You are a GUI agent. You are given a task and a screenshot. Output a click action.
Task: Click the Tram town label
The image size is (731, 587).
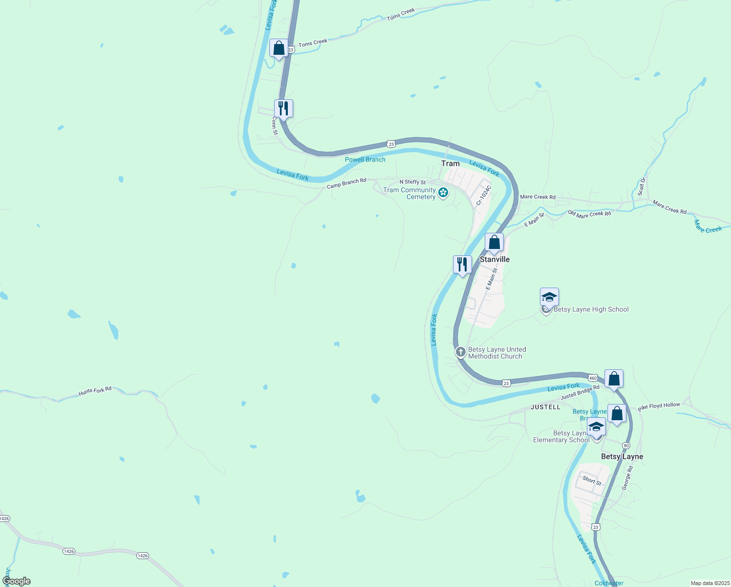[450, 163]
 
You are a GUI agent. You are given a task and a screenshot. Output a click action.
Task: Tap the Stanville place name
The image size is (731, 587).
[494, 259]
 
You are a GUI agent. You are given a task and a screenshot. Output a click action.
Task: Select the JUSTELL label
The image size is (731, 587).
[545, 407]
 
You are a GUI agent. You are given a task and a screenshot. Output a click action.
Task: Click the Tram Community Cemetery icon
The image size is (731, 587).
[443, 193]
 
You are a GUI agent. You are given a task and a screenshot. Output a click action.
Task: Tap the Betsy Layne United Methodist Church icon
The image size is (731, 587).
[460, 352]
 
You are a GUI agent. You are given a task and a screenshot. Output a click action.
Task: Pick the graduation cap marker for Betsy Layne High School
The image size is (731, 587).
[549, 297]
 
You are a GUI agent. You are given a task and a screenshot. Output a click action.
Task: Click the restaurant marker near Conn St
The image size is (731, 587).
[283, 108]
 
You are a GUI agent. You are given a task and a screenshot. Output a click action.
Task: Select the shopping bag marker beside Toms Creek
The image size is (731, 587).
[279, 48]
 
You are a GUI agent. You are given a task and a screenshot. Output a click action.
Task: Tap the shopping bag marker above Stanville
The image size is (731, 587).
[494, 243]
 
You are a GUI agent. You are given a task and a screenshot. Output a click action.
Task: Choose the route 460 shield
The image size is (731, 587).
[593, 378]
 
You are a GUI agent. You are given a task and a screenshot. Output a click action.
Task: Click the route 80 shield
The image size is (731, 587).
[626, 446]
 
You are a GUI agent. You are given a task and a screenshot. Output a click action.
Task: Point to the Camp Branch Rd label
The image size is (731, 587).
[346, 183]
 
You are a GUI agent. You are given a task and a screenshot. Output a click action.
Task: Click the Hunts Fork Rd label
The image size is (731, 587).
[95, 391]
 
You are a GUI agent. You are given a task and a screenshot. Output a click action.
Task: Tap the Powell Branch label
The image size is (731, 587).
[365, 159]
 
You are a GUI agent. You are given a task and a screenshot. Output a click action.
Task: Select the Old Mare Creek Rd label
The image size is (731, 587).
[589, 214]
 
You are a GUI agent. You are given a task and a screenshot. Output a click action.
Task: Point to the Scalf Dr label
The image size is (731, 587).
[642, 186]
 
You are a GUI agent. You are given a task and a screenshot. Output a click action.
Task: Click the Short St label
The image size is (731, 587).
[592, 480]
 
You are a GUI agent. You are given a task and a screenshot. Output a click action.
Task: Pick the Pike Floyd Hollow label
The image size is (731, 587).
[659, 406]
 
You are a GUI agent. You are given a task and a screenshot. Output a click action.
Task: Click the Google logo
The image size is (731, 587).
[16, 581]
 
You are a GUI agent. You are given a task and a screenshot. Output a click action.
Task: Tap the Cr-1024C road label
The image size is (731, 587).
[484, 195]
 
